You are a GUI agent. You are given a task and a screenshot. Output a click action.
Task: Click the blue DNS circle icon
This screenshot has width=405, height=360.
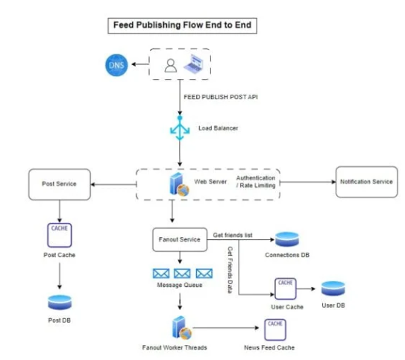(116, 65)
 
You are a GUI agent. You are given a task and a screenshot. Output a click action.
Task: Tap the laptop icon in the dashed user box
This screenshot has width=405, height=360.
(193, 64)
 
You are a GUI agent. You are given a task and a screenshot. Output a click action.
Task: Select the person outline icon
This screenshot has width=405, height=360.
(171, 66)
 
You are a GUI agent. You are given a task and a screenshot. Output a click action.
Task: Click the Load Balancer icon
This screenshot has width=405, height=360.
(180, 128)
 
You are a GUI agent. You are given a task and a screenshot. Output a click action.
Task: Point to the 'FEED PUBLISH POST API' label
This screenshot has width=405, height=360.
(221, 97)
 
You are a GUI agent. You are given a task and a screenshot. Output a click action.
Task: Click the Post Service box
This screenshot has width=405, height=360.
(60, 184)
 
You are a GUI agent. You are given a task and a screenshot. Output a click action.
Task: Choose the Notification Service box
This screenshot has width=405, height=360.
(366, 182)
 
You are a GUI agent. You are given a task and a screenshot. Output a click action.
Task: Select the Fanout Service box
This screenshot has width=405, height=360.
(180, 239)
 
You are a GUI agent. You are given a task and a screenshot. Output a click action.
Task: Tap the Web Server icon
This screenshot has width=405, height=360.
(180, 184)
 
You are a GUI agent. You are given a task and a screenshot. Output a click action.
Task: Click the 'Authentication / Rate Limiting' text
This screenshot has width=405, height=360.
(256, 182)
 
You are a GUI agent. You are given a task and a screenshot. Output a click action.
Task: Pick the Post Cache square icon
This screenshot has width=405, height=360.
(60, 235)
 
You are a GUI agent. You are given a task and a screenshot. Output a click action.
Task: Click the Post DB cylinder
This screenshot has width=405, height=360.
(60, 302)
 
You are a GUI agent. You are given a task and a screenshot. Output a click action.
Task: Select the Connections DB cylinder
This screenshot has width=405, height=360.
(287, 239)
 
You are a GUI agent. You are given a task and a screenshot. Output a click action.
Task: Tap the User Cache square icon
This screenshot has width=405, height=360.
(286, 288)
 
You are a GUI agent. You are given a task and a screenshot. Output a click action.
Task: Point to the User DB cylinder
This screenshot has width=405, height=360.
(333, 288)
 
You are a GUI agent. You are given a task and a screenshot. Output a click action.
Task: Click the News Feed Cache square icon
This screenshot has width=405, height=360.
(275, 329)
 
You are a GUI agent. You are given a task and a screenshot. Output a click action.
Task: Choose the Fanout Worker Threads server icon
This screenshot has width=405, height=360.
(182, 328)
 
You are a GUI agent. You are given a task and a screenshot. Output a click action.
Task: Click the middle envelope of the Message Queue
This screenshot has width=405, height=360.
(182, 274)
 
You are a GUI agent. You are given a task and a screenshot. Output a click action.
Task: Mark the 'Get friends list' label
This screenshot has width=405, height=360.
(233, 235)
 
